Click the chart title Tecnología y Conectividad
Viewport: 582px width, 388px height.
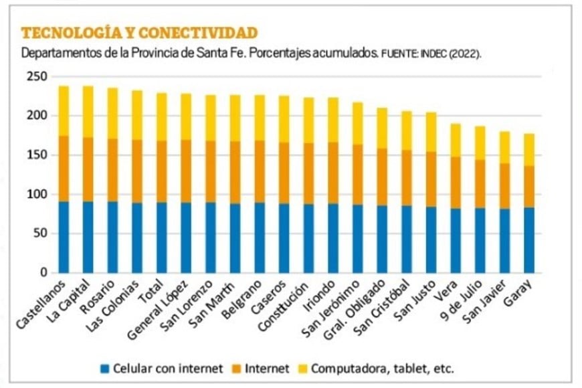[139, 33]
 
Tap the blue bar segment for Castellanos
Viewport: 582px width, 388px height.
[64, 237]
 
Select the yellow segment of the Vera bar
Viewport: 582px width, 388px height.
[455, 140]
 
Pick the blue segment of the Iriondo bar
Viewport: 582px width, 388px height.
[332, 238]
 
